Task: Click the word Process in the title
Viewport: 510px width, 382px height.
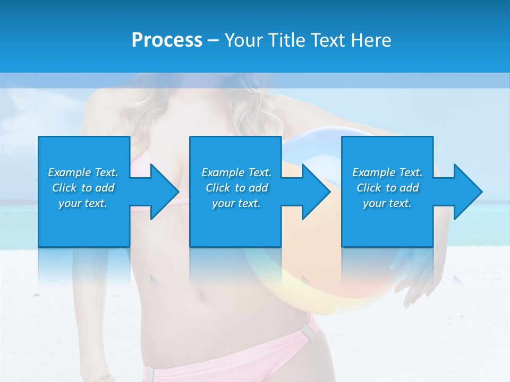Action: [167, 40]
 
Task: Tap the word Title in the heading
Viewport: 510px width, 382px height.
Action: [285, 40]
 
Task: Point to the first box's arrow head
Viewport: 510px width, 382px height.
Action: [164, 192]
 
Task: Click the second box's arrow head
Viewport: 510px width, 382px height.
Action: [316, 192]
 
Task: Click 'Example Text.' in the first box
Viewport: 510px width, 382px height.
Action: [83, 172]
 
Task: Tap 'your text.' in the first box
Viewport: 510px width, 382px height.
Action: [83, 203]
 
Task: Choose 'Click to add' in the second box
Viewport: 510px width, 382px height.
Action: [236, 188]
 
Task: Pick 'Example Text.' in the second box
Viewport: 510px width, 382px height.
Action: [236, 172]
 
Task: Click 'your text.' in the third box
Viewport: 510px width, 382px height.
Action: [387, 203]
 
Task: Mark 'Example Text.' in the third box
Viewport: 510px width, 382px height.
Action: [387, 172]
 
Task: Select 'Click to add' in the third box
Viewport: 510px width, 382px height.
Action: [387, 188]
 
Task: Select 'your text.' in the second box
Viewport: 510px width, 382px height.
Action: [236, 203]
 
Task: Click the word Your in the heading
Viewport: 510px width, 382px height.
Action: [244, 40]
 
